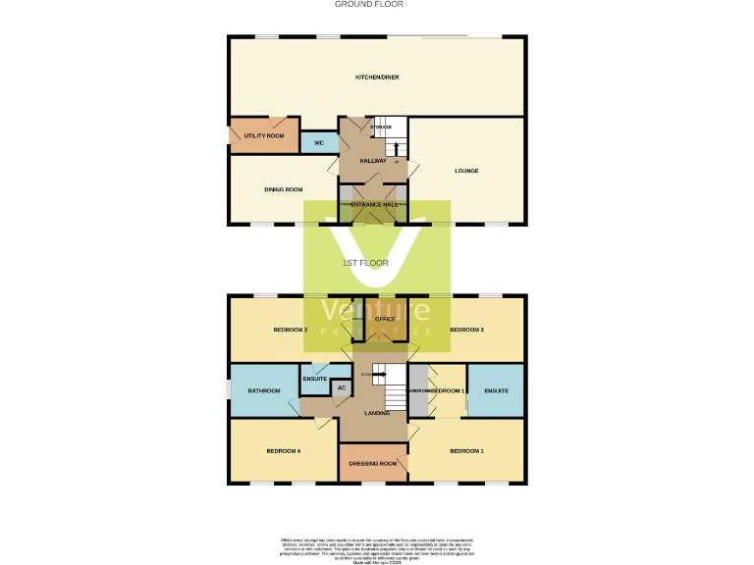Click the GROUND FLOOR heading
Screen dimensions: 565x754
pos(369,4)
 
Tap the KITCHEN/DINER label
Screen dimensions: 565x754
pos(377,77)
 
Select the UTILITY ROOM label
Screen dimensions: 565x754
pos(264,135)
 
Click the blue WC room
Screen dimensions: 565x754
pos(319,143)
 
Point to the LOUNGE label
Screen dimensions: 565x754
pos(466,171)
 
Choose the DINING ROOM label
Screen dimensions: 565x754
pos(283,189)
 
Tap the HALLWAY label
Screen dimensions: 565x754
pos(373,160)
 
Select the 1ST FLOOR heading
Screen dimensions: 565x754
pos(365,263)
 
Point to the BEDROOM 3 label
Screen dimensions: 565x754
pos(466,330)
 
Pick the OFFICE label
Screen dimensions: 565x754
pos(385,319)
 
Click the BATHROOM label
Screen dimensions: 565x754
pos(264,391)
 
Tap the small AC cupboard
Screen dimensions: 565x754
pos(342,387)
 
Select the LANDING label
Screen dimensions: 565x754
pos(377,413)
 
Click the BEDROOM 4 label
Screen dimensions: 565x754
pos(283,451)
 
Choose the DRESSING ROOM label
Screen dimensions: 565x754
pos(374,463)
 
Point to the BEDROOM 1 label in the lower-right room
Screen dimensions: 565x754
pos(466,451)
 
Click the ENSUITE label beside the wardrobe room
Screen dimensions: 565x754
pos(496,391)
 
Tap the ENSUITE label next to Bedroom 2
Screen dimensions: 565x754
pos(314,379)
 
